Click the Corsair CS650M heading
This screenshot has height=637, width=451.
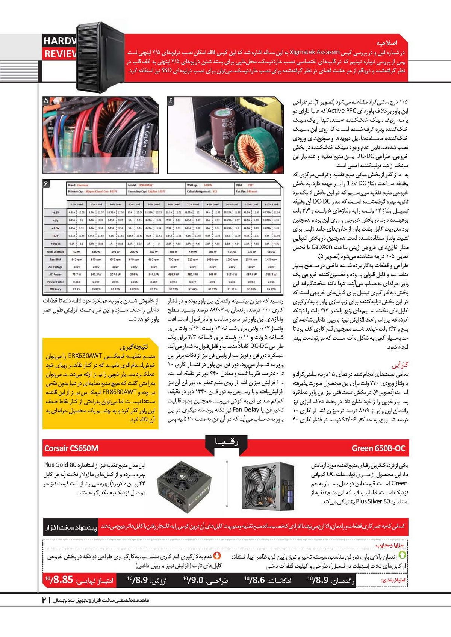[71, 448]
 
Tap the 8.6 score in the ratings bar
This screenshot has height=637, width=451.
[257, 580]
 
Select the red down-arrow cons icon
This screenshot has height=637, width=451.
[217, 555]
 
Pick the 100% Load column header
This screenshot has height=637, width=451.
[251, 204]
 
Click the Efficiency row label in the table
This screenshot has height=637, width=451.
[55, 289]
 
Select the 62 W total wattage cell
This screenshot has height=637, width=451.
[76, 252]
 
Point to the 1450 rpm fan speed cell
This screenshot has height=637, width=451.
[271, 260]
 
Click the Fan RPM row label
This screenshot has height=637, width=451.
[55, 260]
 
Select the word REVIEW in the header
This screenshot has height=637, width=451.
[60, 54]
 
